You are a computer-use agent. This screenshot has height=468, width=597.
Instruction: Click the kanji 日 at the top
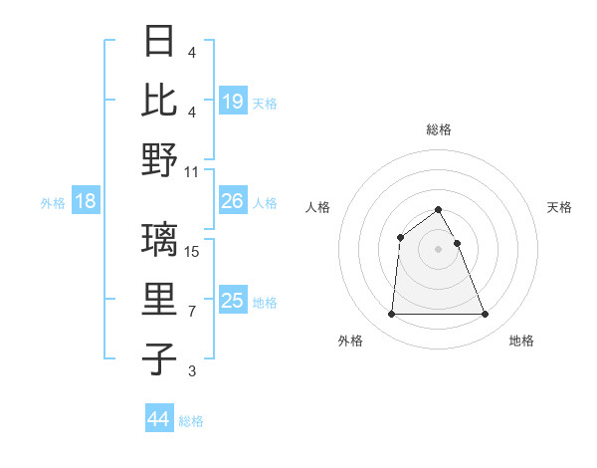coord(160,43)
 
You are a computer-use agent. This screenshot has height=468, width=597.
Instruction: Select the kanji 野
coord(160,160)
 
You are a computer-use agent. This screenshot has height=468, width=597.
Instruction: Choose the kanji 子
coord(160,358)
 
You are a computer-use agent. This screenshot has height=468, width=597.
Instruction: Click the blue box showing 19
coord(233,102)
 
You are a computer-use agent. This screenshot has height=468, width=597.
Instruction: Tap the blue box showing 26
coord(233,201)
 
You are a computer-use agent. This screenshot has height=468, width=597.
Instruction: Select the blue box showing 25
coord(233,301)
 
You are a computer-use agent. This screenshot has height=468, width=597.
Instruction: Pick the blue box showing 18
coord(86,201)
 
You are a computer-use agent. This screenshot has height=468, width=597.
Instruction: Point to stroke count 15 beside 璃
coord(193,252)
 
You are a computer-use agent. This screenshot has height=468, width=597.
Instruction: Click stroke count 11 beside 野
coord(193,171)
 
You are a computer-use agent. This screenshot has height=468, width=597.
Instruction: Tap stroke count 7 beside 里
coord(192,312)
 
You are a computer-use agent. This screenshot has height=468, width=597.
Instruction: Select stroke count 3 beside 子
coord(192,371)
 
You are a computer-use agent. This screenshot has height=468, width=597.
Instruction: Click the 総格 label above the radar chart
coord(439,129)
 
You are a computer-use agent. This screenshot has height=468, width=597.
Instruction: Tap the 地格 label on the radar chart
coord(521,341)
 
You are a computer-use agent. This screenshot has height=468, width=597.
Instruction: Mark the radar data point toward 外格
coord(391,315)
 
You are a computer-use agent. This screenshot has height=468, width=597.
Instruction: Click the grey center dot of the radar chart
coord(439,248)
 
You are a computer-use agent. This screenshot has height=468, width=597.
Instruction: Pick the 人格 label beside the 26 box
coord(265,202)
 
